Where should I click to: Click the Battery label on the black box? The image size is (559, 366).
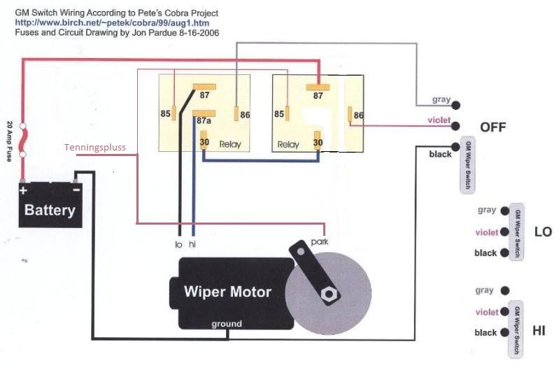coord(50,210)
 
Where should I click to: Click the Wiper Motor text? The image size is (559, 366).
coord(227,291)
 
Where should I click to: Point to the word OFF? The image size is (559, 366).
coord(493,127)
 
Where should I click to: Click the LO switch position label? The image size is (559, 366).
coord(542,232)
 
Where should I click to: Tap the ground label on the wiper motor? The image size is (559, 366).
coord(227,324)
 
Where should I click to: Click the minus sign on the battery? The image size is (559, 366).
coord(76,190)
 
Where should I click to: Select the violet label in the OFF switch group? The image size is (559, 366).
coord(439,120)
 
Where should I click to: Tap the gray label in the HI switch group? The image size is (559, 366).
coord(484,290)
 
